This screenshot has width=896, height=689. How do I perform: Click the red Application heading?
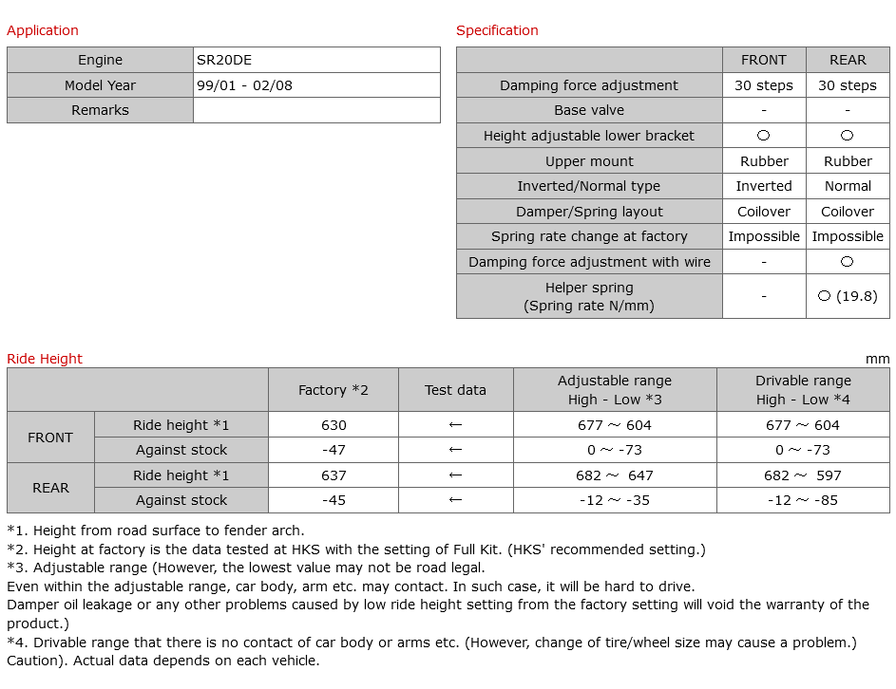pos(43,30)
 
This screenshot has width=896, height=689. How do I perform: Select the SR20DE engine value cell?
pos(225,60)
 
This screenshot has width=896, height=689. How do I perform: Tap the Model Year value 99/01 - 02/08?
pos(245,85)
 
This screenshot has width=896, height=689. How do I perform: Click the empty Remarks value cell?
pos(316,110)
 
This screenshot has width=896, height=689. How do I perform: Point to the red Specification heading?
pos(497,30)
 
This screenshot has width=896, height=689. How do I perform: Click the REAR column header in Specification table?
pos(848,60)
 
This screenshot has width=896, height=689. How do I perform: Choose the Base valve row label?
pos(589,110)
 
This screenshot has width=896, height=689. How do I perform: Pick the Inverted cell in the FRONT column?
pos(764,186)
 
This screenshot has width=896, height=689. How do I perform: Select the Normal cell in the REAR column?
pos(848,186)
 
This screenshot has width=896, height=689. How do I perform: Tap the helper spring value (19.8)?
pos(848,296)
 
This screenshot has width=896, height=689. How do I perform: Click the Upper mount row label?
pos(589,161)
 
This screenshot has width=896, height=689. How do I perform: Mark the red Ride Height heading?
pos(45,359)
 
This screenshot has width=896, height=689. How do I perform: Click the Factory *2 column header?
pos(333,390)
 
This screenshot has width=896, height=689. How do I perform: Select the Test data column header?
pos(455,390)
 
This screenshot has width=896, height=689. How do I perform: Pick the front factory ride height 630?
pos(334,425)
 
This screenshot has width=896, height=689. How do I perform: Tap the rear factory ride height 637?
pos(334,475)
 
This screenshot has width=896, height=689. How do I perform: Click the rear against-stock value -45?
pos(334,500)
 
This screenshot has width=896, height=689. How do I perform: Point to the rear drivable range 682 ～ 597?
pos(803,475)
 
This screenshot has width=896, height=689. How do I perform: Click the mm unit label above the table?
pos(878,359)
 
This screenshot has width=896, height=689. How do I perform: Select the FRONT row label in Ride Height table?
pos(50,438)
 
